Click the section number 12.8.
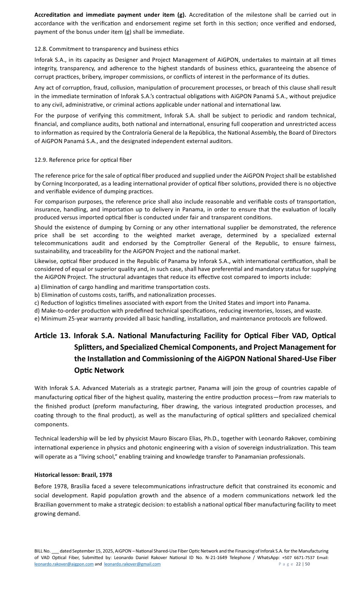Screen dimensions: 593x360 (41, 49)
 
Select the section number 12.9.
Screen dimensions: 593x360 (41, 160)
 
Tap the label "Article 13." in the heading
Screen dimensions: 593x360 (52, 336)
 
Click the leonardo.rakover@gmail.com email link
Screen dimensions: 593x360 (132, 564)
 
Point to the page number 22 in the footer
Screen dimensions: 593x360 (298, 564)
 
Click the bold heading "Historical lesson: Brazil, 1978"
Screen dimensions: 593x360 (73, 475)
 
